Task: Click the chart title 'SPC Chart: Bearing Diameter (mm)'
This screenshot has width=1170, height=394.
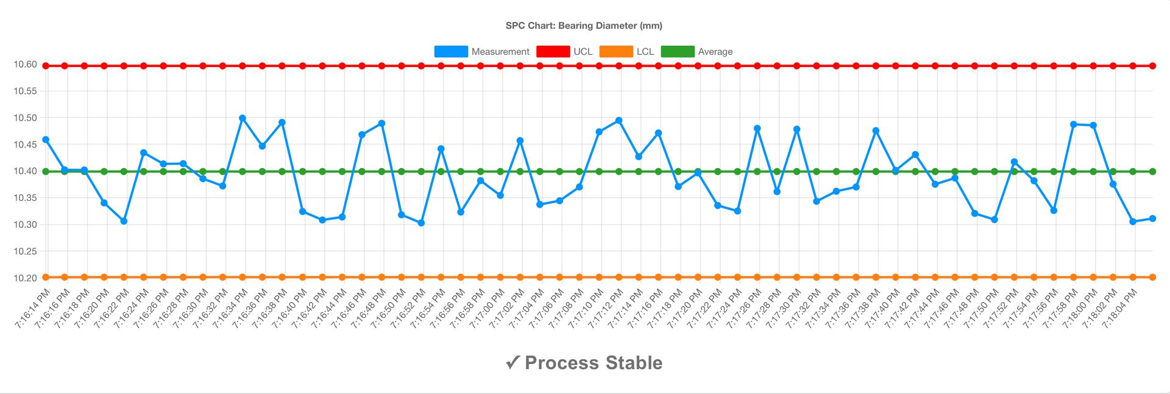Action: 584,26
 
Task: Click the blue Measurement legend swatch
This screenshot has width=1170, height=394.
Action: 451,52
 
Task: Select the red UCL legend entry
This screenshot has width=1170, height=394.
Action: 564,52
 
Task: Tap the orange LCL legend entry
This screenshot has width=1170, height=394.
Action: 627,52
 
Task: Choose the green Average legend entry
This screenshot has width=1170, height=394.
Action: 697,52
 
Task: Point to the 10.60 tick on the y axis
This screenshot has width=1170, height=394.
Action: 25,65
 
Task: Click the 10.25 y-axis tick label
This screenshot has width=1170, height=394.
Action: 25,252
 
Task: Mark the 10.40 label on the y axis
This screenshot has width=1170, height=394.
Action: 25,171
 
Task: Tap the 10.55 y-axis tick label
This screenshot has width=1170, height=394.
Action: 25,91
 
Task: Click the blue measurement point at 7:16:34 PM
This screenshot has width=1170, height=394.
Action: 243,118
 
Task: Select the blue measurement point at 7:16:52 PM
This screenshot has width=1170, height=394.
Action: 421,223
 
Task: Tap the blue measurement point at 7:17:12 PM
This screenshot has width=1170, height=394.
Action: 619,121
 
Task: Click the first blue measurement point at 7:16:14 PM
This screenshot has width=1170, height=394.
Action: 45,140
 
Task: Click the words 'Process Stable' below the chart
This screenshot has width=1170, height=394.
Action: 594,363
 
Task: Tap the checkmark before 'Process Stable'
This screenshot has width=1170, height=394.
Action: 512,363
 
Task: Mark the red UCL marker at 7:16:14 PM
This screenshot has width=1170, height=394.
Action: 45,66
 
